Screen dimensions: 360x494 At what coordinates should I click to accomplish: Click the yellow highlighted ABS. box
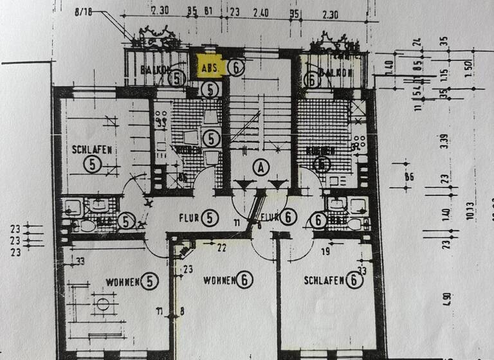209,67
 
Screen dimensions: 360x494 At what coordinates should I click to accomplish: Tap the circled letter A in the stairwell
261,168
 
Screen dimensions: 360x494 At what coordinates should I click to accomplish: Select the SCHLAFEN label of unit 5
93,150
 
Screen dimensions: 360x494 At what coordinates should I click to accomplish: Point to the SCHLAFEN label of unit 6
325,280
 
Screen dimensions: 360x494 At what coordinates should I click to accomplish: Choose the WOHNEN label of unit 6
219,280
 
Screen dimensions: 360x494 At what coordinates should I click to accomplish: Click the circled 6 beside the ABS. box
237,67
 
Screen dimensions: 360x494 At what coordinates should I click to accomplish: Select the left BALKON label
149,71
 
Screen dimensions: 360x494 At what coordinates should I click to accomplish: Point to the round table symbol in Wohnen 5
101,305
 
